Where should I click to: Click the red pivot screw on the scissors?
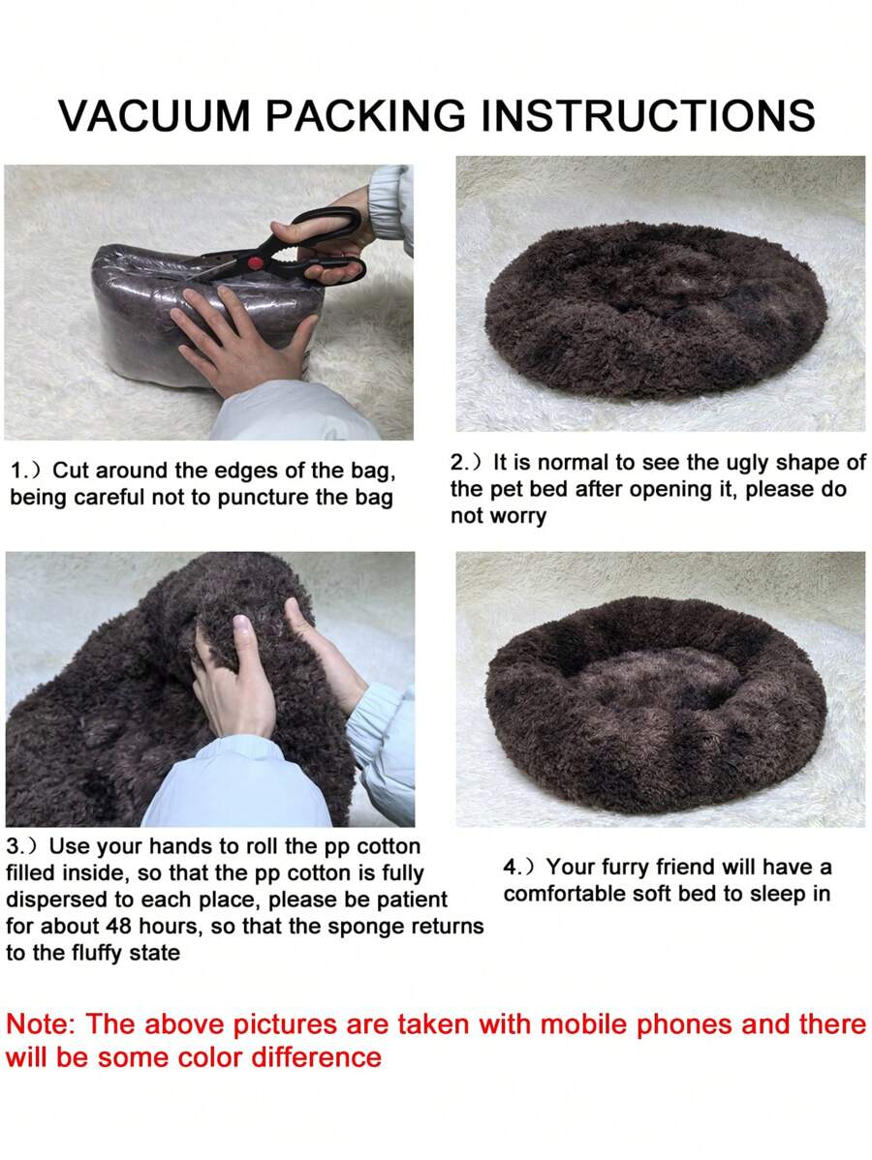tap(256, 262)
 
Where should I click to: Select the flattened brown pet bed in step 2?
tap(655, 299)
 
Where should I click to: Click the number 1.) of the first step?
tap(27, 471)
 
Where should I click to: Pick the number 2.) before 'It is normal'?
tap(467, 463)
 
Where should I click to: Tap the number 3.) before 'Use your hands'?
tap(23, 846)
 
